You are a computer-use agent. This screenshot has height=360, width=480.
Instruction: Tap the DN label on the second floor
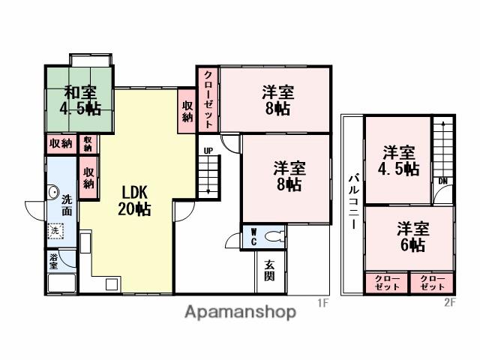(444, 181)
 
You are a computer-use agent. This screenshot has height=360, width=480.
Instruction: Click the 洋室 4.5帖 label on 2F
(398, 160)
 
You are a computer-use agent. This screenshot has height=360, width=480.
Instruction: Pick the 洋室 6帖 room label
(411, 236)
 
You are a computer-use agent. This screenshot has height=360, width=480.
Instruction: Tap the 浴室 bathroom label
(54, 262)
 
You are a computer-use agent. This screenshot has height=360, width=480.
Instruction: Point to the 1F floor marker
(322, 303)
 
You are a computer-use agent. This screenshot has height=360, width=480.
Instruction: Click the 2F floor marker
(448, 303)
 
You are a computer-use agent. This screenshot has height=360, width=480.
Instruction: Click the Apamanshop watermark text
(239, 312)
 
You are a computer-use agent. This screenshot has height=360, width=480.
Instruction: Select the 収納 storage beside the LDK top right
(187, 112)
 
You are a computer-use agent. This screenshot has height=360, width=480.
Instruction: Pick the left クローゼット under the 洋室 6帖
(387, 283)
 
